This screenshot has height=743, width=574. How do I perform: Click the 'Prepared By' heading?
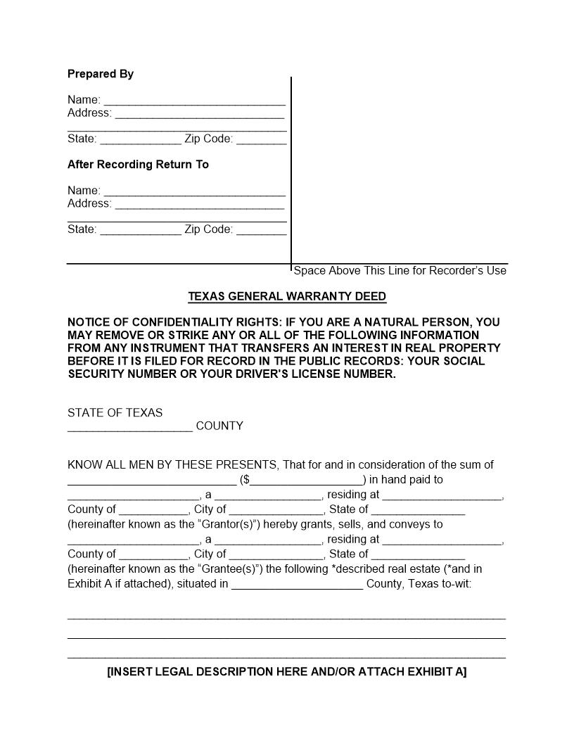tap(101, 74)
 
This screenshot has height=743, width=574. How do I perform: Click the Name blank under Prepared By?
tap(194, 101)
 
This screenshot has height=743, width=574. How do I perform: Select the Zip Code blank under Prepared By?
tap(262, 139)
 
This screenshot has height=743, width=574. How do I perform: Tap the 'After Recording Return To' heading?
tap(138, 165)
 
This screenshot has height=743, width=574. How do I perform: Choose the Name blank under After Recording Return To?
tap(194, 191)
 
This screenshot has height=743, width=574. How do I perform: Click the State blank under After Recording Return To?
tap(141, 230)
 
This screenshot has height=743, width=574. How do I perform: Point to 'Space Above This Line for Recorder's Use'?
tap(400, 271)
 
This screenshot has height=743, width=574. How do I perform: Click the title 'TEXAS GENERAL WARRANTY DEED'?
tap(287, 296)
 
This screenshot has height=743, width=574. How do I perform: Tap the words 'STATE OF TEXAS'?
tap(115, 413)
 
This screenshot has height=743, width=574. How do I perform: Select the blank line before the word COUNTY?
tap(130, 426)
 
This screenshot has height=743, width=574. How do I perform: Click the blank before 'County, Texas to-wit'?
tap(297, 585)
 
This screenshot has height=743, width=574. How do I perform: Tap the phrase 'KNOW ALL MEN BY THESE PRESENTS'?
tap(172, 465)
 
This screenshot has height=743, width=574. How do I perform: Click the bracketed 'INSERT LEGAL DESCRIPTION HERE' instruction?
tap(287, 672)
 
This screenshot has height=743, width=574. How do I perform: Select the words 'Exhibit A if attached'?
tap(119, 584)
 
